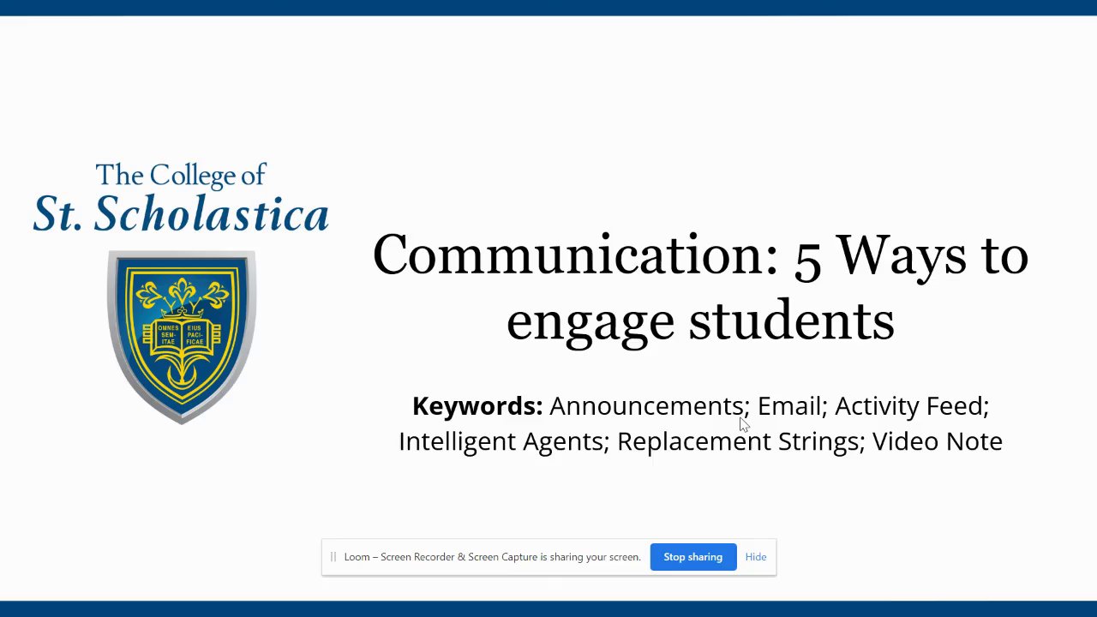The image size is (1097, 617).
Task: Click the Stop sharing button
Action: (x=693, y=557)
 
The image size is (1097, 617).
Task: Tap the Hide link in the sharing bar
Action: (x=756, y=557)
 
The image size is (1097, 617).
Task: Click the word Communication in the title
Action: (x=575, y=255)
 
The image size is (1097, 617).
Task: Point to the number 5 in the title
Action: (x=807, y=262)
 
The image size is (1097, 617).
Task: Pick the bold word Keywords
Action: (x=477, y=406)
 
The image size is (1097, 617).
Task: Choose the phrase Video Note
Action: (x=938, y=441)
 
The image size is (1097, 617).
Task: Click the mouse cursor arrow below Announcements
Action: (x=744, y=424)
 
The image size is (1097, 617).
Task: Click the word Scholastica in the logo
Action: (x=211, y=213)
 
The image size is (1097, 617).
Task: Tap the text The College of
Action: (x=181, y=175)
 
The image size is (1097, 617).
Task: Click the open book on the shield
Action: (x=182, y=335)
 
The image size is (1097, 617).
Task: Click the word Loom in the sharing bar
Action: (x=357, y=557)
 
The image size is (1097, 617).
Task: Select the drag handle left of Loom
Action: (x=333, y=557)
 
